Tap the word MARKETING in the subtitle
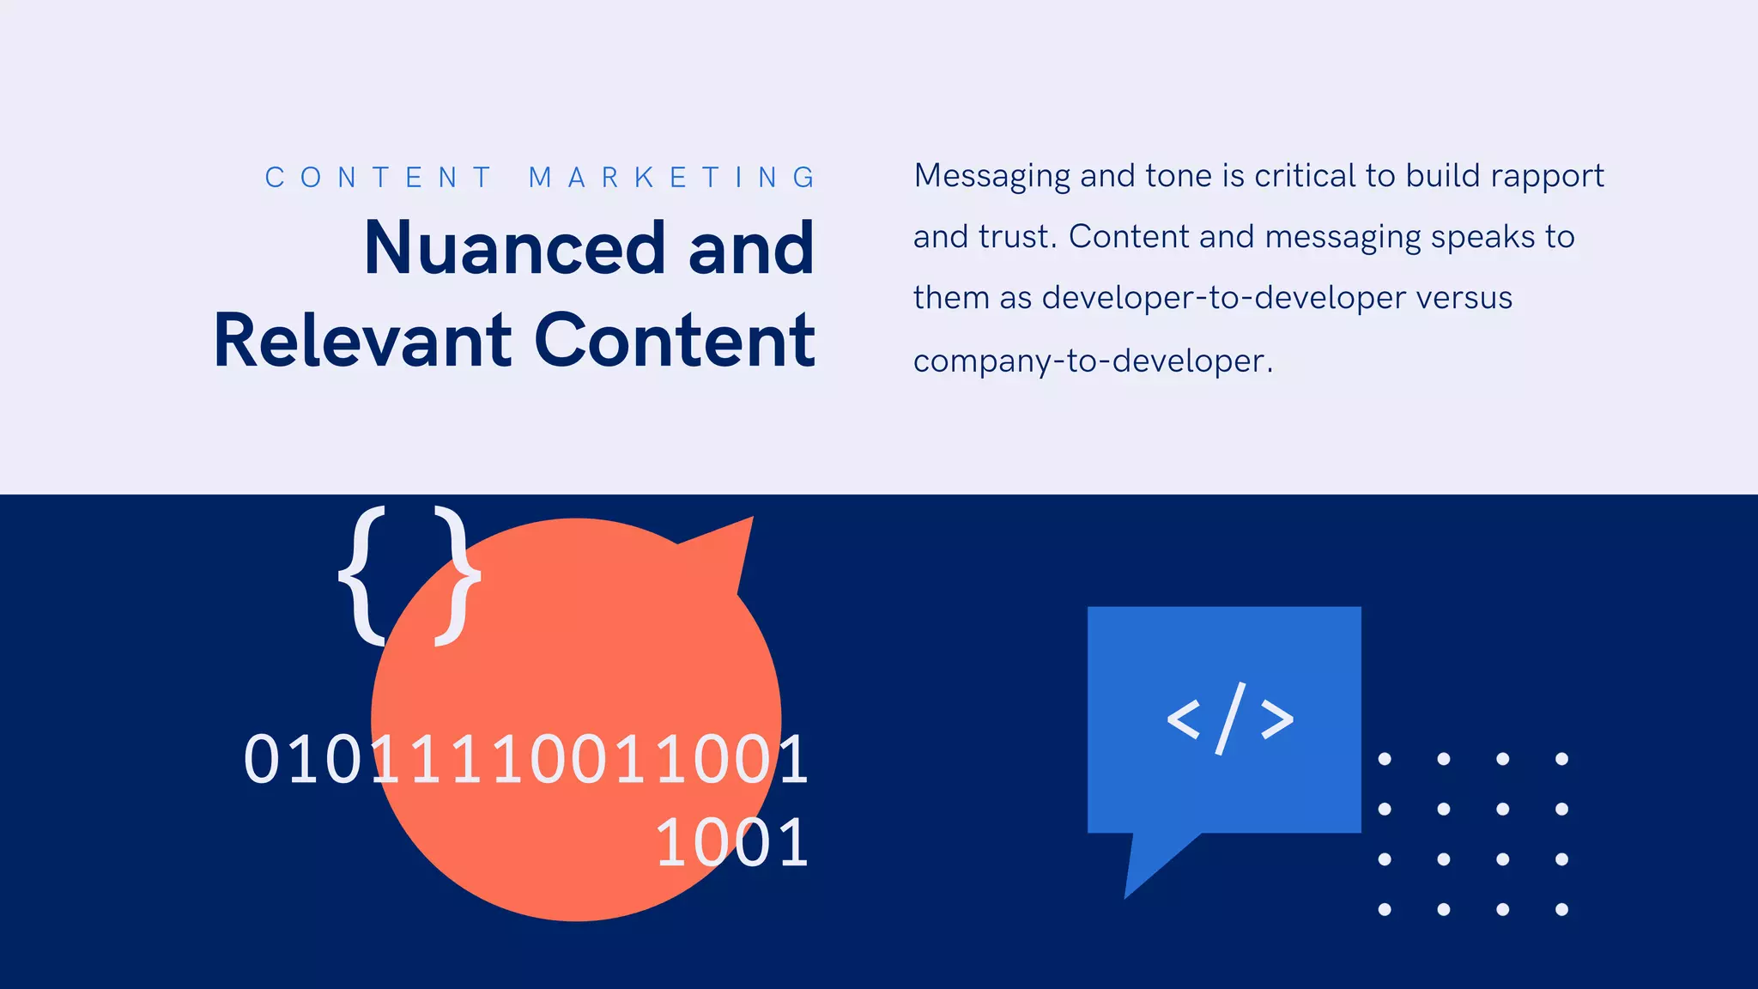(x=672, y=178)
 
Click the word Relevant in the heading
(x=362, y=341)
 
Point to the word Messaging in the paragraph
(x=991, y=177)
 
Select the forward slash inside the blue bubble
(x=1230, y=719)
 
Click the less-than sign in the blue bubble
(x=1184, y=719)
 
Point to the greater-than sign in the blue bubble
(x=1277, y=719)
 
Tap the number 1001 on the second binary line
(x=732, y=843)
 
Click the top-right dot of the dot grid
(x=1561, y=759)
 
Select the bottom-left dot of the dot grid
(x=1385, y=909)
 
